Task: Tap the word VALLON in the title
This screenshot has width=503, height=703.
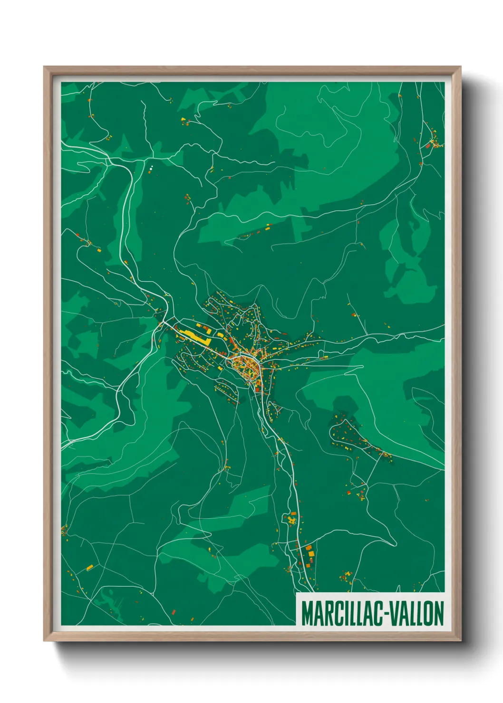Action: [418, 614]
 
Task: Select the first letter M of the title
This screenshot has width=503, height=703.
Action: [307, 614]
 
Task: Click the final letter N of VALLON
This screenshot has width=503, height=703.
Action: [439, 614]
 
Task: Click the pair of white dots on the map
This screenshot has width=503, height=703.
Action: [151, 168]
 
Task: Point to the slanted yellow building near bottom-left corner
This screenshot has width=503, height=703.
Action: [89, 567]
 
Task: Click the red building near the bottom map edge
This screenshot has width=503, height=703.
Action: [174, 612]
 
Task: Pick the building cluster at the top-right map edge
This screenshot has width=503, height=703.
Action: [434, 142]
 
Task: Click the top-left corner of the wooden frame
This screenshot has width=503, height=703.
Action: [44, 67]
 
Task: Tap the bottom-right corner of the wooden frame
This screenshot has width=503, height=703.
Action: [460, 641]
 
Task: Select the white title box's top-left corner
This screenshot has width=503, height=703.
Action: [296, 593]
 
